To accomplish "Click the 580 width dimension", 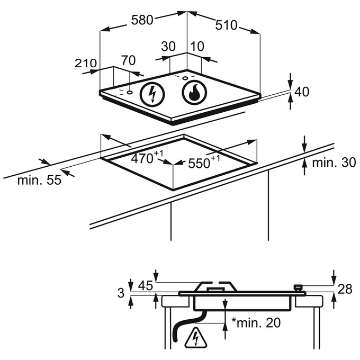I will tap(142, 20).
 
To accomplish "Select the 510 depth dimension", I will tap(227, 25).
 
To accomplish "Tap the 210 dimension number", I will tap(85, 64).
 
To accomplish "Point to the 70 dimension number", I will tap(128, 60).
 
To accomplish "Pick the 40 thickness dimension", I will tap(301, 92).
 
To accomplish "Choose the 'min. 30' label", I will tap(334, 163).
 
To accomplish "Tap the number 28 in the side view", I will tap(345, 289).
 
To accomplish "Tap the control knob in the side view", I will tap(299, 287).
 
